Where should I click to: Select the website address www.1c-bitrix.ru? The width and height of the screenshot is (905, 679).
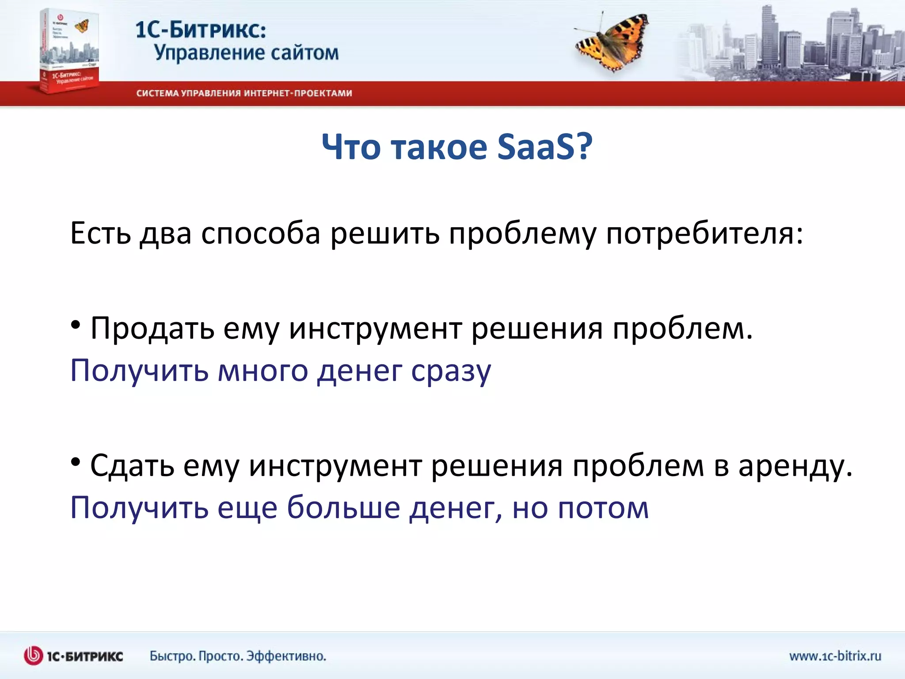click(x=835, y=656)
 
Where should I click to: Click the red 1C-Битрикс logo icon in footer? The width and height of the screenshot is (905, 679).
click(x=33, y=656)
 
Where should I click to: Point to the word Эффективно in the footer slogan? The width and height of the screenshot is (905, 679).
click(x=286, y=656)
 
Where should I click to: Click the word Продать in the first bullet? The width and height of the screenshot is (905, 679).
click(x=152, y=329)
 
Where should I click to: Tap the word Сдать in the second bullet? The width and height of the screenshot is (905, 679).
click(x=132, y=466)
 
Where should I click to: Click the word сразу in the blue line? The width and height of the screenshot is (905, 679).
click(x=451, y=370)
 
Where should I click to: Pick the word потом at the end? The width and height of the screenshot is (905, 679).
click(x=603, y=507)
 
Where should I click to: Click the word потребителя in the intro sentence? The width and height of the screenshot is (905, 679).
click(x=703, y=233)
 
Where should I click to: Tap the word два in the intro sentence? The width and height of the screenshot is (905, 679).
click(x=166, y=233)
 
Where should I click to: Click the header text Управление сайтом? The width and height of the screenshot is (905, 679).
click(x=246, y=53)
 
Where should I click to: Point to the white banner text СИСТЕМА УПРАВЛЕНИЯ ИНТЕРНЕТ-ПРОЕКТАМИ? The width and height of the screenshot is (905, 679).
click(x=244, y=93)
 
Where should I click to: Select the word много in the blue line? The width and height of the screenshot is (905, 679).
click(x=263, y=370)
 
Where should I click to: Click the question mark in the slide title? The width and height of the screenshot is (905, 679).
click(x=584, y=147)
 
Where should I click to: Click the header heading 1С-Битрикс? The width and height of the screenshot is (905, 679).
click(x=201, y=30)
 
